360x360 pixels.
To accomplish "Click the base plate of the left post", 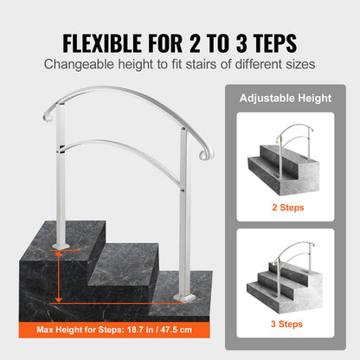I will click(x=61, y=245).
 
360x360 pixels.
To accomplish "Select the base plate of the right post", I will click(x=185, y=297).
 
